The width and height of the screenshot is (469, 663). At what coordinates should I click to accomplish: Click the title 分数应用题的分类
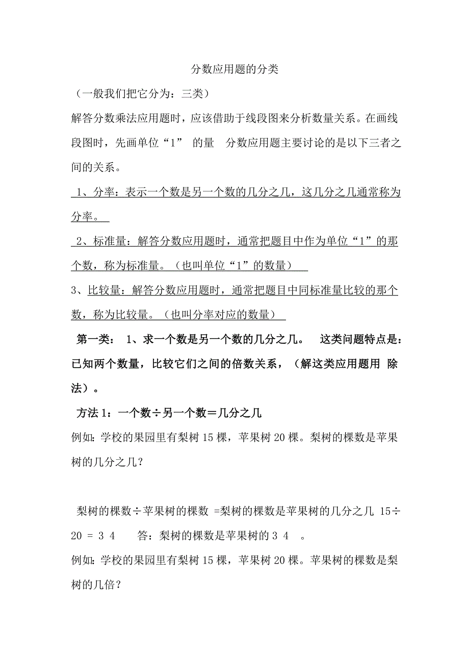[234, 69]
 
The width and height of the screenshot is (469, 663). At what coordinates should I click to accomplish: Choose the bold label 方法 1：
[96, 413]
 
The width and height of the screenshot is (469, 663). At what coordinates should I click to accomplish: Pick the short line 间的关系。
[96, 168]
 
